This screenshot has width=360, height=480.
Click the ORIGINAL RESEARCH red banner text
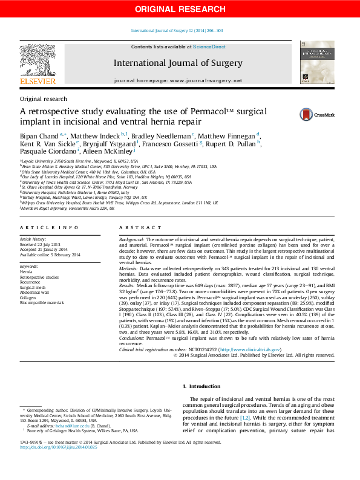point(180,8)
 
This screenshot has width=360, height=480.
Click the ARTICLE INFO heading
point(49,227)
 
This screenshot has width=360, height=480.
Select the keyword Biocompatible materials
point(42,302)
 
